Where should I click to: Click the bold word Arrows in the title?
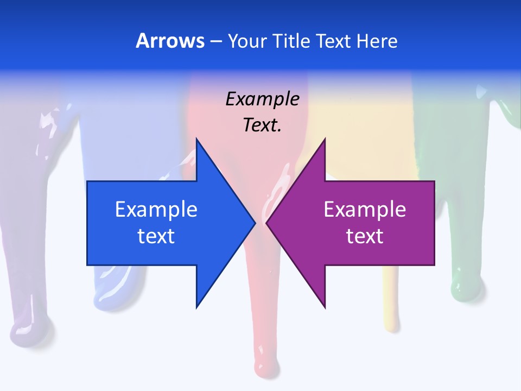[170, 41]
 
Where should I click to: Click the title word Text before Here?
[334, 41]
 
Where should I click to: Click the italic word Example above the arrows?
[262, 99]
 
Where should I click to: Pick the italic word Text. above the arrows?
[262, 125]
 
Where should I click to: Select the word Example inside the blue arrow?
[156, 209]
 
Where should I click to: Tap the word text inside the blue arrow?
[156, 236]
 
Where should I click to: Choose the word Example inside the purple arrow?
[365, 209]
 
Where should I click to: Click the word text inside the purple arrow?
[365, 236]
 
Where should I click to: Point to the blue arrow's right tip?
[255, 223]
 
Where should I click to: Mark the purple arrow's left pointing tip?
[266, 223]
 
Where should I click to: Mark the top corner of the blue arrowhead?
[196, 140]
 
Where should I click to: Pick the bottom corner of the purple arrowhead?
[325, 307]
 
